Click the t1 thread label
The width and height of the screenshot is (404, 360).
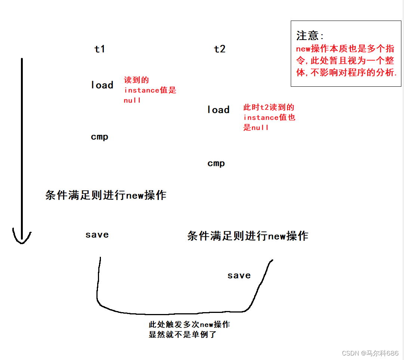click(x=99, y=49)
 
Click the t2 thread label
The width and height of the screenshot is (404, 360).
click(x=220, y=49)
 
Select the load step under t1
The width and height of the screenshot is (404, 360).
click(x=102, y=85)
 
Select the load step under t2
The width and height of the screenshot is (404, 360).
click(x=218, y=110)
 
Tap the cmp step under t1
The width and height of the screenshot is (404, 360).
click(x=99, y=137)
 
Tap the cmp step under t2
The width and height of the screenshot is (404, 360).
click(x=216, y=163)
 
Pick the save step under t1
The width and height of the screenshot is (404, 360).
click(x=97, y=235)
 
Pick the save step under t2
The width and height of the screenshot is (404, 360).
click(x=239, y=276)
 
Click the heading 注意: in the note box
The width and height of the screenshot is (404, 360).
click(x=311, y=36)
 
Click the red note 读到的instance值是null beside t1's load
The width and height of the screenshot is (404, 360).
click(x=149, y=90)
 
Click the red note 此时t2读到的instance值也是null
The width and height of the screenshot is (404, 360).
click(x=269, y=117)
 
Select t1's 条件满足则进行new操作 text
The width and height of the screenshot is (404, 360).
click(x=106, y=195)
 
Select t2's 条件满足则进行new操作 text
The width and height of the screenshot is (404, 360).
click(x=247, y=236)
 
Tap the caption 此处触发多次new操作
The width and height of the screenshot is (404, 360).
click(x=189, y=324)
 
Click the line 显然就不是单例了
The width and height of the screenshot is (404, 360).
click(x=182, y=335)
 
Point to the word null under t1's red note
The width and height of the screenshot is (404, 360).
click(x=132, y=100)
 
